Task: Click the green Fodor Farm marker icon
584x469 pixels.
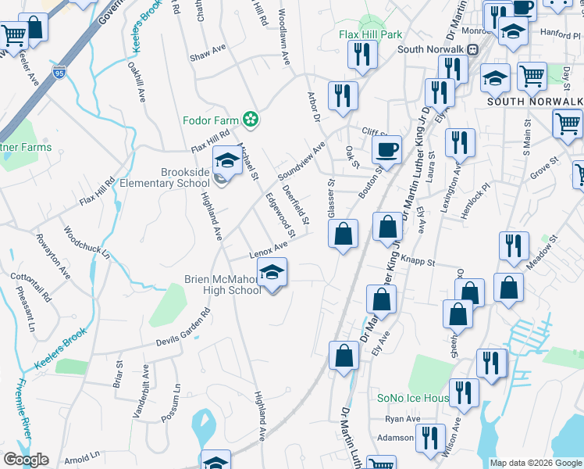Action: [x=250, y=120]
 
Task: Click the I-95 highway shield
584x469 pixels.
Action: [x=60, y=73]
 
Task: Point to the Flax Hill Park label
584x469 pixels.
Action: [x=371, y=34]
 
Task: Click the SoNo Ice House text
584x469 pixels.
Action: [x=412, y=398]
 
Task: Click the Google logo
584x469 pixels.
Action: [x=25, y=460]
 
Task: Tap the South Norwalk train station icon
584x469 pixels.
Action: [x=472, y=49]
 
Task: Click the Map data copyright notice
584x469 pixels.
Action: [x=535, y=463]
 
